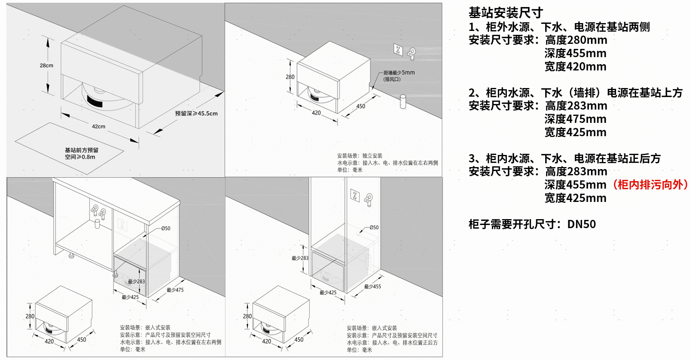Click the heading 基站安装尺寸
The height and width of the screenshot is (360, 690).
coord(506,13)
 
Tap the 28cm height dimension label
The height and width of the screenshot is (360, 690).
coord(47,65)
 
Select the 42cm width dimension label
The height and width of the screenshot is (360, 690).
coord(99,126)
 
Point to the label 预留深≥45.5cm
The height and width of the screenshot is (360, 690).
coord(196,113)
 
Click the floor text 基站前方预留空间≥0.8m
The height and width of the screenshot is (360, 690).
coord(81,153)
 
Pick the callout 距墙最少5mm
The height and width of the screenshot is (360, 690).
coord(399,72)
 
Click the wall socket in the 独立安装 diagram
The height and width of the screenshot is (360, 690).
coord(398,50)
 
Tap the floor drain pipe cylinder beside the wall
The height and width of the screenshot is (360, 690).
coord(403,101)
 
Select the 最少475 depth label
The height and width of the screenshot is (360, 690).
coord(175,290)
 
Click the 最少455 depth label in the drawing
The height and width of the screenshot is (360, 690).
coord(372,286)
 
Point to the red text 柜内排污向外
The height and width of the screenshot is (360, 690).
coord(650,185)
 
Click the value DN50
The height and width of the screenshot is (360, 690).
coord(582,224)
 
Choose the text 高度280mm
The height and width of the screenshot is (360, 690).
coord(576,40)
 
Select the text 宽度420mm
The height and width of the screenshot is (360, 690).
coord(575,67)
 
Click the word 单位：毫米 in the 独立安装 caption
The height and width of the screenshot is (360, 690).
coord(350,170)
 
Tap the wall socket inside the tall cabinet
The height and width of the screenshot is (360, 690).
coord(355,195)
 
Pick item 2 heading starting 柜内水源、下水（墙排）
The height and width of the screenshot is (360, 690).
coord(576,93)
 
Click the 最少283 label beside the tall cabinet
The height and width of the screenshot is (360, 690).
coord(300,258)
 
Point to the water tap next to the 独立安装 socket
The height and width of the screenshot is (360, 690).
coord(411,54)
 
